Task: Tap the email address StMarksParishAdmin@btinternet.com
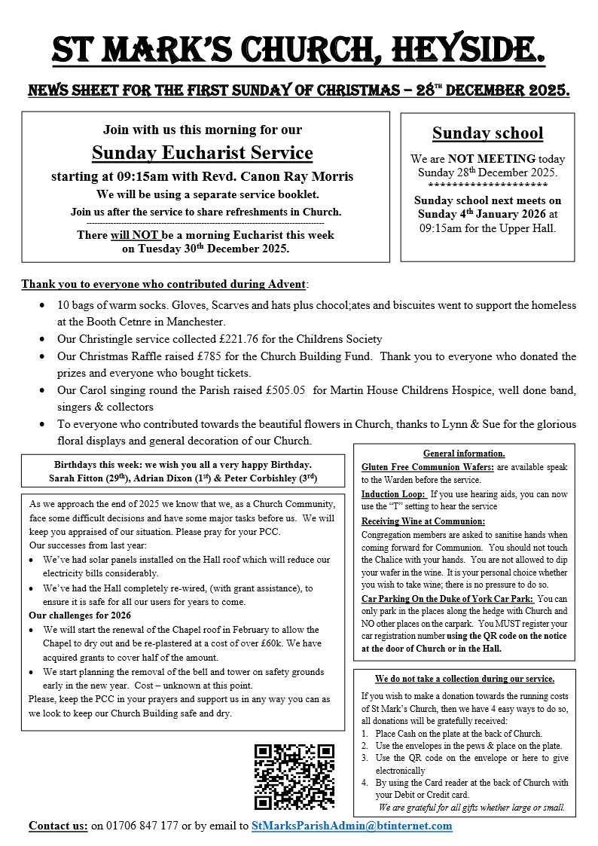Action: (x=352, y=826)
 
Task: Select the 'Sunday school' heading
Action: (x=487, y=134)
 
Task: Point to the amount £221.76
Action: (x=247, y=339)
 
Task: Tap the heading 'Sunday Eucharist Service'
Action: (x=202, y=153)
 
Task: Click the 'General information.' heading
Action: (x=464, y=454)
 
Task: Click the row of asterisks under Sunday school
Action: (x=487, y=185)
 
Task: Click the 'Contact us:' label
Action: (x=58, y=826)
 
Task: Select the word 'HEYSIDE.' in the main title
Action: (x=468, y=49)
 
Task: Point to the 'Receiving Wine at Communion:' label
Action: (x=423, y=521)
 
